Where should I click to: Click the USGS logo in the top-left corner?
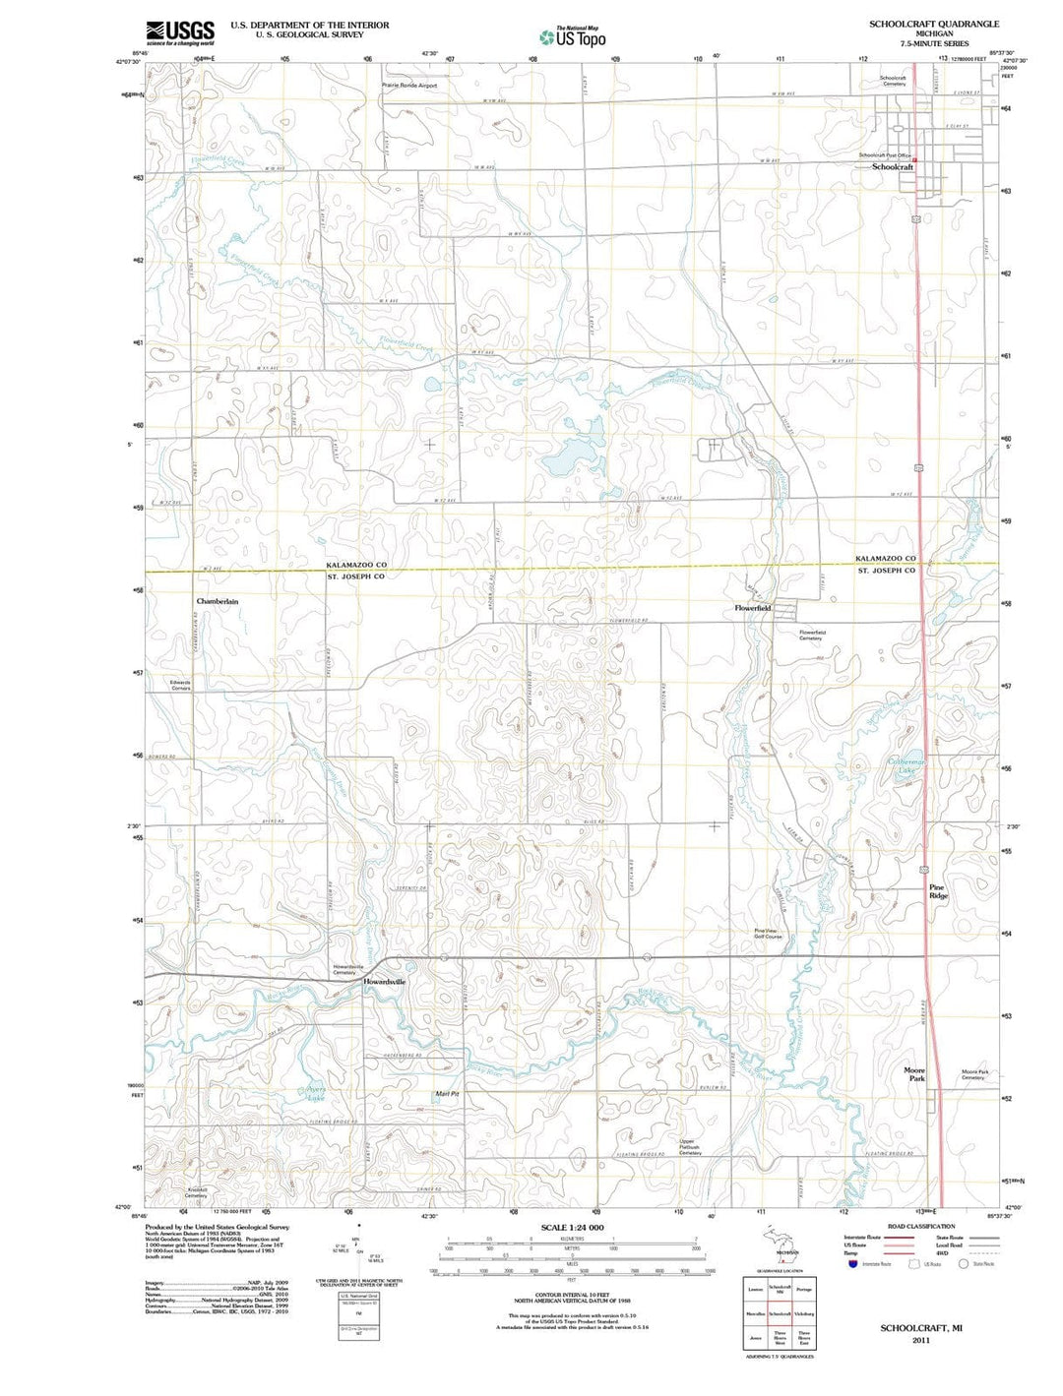pos(180,33)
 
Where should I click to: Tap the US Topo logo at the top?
pos(572,37)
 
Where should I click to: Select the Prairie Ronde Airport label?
pos(408,86)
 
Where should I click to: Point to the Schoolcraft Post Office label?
pos(885,155)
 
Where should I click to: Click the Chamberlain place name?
pos(217,601)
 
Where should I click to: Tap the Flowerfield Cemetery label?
pos(812,636)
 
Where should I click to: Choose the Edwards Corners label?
pos(180,685)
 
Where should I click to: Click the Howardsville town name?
pos(384,982)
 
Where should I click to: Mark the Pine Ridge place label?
pos(938,892)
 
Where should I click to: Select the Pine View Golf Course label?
pos(768,934)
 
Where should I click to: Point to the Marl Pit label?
pos(448,1094)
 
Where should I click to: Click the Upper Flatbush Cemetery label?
pos(689,1147)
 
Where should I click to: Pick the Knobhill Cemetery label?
pos(196,1192)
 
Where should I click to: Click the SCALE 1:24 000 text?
pos(572,1228)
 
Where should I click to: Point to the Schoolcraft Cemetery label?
pos(894,81)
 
